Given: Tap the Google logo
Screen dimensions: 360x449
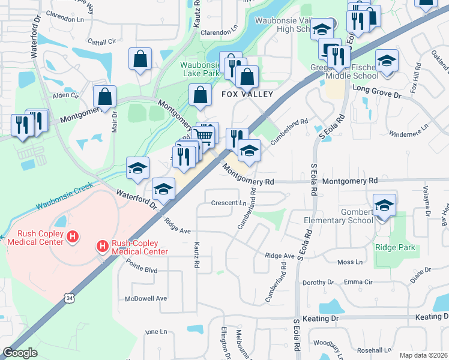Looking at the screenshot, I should pyautogui.click(x=20, y=353).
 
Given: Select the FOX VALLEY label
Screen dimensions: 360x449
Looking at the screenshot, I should pyautogui.click(x=247, y=94).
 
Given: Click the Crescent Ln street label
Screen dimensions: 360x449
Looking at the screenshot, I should pyautogui.click(x=229, y=203).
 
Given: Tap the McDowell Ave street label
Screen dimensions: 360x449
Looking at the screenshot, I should pyautogui.click(x=145, y=298).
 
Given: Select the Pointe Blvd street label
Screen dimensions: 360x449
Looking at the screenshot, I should pyautogui.click(x=141, y=271).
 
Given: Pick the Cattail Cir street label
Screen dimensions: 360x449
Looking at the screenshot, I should pyautogui.click(x=101, y=41).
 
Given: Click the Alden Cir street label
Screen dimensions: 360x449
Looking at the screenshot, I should pyautogui.click(x=62, y=95).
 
